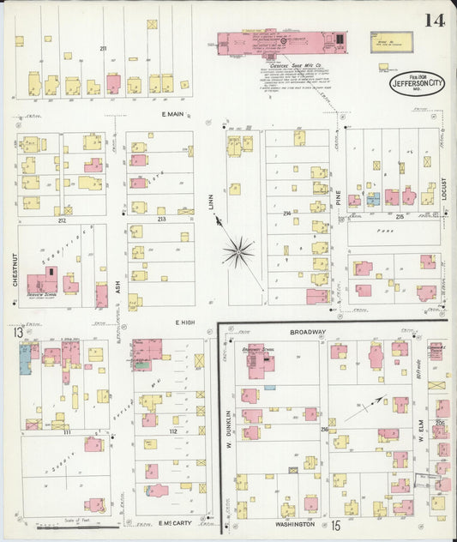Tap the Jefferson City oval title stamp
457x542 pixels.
tap(418, 83)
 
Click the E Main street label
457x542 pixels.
tap(173, 115)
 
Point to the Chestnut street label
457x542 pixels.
tap(15, 268)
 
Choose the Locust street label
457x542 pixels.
tap(444, 193)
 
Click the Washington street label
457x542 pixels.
tap(295, 523)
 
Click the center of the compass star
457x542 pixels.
tap(238, 252)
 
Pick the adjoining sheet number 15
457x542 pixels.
tap(336, 524)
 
